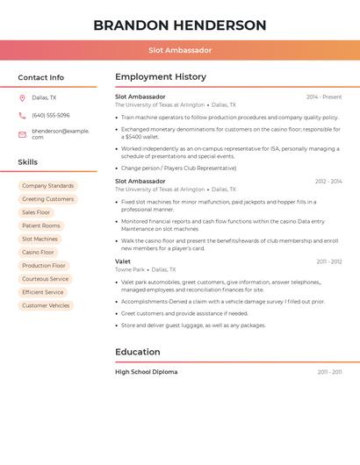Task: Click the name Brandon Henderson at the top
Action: (180, 25)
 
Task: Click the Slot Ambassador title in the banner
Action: (180, 50)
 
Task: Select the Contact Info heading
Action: (40, 77)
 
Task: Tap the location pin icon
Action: (22, 97)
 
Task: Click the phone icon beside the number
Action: (22, 115)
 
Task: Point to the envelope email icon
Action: (22, 134)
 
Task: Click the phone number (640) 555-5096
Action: (50, 115)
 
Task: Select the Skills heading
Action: (28, 162)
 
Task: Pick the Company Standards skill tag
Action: (47, 186)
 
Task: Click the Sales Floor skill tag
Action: (36, 212)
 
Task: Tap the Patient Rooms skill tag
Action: (41, 225)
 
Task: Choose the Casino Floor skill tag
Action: (38, 253)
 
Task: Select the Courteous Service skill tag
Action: (45, 279)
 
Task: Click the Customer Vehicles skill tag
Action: (46, 305)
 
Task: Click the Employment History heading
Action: (161, 77)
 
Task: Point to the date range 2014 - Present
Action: (324, 97)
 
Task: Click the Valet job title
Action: (123, 261)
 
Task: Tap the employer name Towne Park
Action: (130, 270)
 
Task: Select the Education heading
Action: (138, 352)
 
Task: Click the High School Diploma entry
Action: (146, 372)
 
